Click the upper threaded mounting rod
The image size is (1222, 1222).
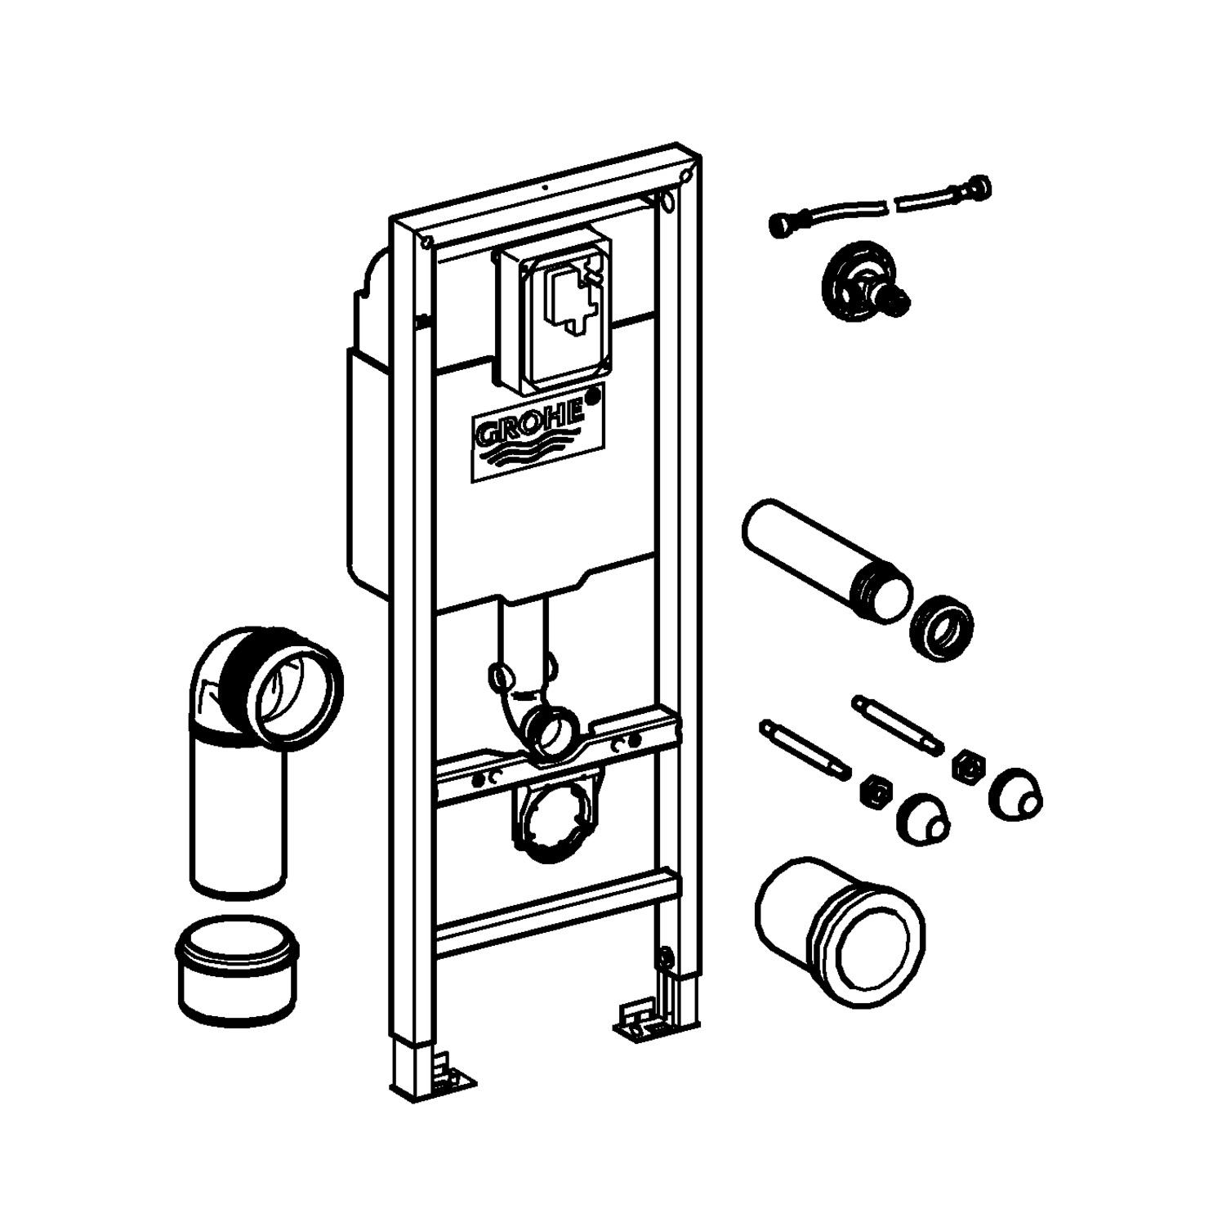[898, 721]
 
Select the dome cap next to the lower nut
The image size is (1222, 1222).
[923, 819]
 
